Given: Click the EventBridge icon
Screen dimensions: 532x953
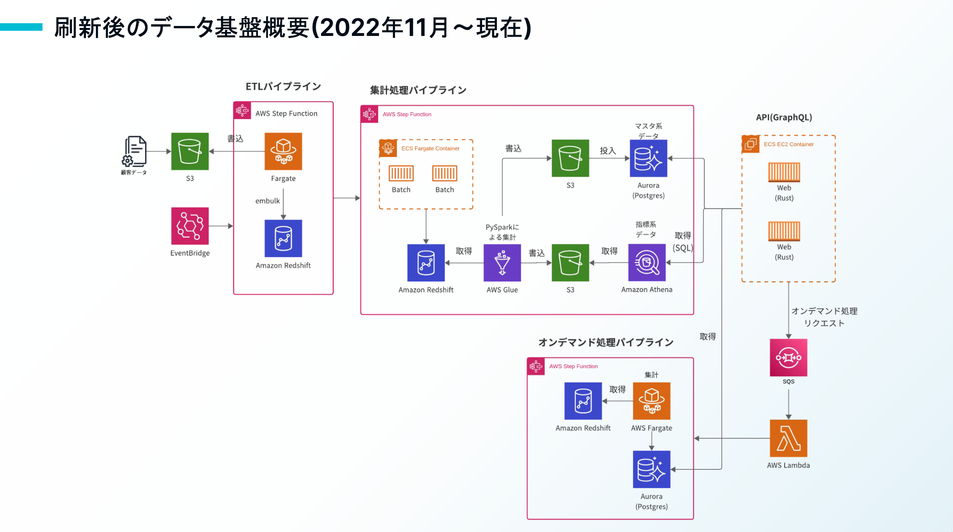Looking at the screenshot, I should (190, 226).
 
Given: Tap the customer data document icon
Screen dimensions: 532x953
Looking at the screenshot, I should (134, 151).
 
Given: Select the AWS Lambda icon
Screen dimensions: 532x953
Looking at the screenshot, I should (788, 438).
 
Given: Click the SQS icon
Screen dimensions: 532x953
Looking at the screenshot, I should (788, 357).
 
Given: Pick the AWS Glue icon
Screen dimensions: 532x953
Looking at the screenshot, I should (502, 263).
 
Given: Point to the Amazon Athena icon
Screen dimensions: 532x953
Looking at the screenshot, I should (647, 263).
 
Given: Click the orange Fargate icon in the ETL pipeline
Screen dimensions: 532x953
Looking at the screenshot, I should (283, 151).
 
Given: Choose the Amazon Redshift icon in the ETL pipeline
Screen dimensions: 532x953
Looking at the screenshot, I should (283, 238).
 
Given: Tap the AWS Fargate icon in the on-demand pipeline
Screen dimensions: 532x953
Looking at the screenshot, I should (652, 401).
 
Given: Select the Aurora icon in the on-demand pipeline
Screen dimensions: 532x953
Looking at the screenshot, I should (652, 469).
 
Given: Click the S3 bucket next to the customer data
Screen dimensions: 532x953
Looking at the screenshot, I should (190, 151).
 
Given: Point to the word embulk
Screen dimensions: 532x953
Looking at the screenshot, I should (267, 201).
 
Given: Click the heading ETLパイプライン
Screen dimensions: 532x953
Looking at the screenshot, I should (283, 87).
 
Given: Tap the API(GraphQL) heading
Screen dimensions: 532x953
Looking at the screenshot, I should (784, 117).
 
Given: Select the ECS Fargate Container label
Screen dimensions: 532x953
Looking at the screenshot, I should (430, 149).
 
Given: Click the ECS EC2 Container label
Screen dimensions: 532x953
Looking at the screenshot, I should (788, 144).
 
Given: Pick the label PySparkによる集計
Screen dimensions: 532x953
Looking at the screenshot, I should (502, 232).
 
